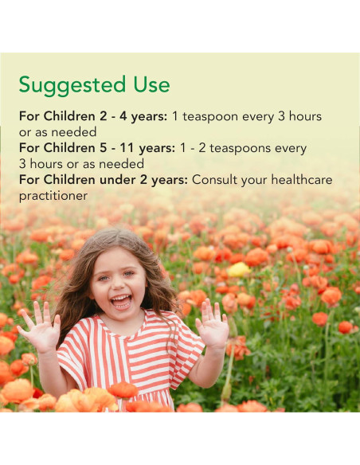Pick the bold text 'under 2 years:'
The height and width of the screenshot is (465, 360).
(145, 180)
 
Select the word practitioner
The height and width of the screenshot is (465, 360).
(53, 196)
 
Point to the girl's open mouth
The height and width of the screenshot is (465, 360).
(122, 300)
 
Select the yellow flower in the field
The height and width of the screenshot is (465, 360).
(238, 269)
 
